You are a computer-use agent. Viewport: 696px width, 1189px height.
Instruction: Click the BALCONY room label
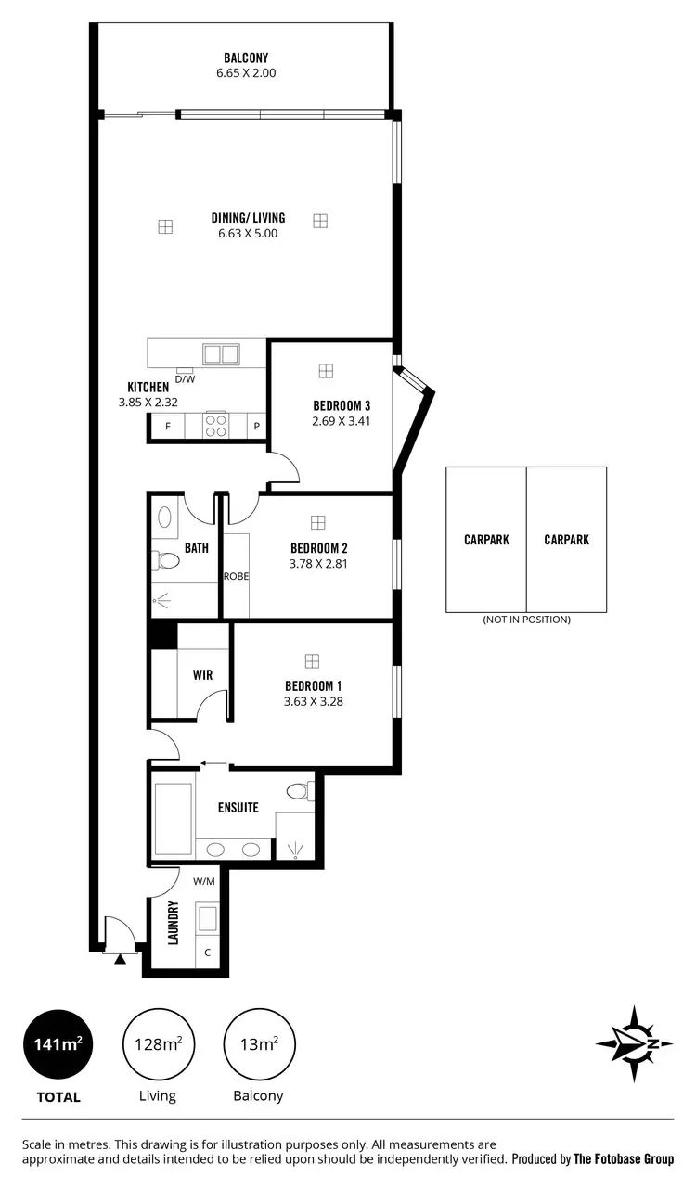click(x=246, y=57)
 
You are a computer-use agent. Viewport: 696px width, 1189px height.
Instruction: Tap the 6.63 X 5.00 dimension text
click(x=247, y=234)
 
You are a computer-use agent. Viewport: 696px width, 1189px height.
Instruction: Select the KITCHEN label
click(x=148, y=387)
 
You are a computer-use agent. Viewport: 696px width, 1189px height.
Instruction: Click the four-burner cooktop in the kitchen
click(x=216, y=425)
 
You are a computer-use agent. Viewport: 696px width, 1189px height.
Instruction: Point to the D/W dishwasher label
click(x=185, y=378)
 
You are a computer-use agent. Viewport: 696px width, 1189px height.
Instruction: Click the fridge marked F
click(x=168, y=427)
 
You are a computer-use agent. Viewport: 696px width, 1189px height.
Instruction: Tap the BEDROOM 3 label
click(x=342, y=405)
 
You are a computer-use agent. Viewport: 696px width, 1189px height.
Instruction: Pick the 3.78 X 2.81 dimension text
click(x=319, y=563)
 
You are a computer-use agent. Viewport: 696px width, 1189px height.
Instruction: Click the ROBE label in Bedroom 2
click(x=237, y=576)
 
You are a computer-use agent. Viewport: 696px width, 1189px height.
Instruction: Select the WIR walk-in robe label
click(x=203, y=674)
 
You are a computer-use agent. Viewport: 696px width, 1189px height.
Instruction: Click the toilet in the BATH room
click(x=167, y=560)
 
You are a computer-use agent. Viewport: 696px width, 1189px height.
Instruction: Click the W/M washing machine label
click(x=203, y=882)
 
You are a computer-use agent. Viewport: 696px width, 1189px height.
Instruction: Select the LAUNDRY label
click(x=173, y=922)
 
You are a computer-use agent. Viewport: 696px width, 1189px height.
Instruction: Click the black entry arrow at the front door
click(x=120, y=959)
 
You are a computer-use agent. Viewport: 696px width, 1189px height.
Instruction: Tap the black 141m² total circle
click(x=58, y=1044)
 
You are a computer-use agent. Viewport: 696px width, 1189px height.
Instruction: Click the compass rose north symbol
click(x=634, y=1044)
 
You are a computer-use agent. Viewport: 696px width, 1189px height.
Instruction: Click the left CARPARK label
click(x=486, y=540)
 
